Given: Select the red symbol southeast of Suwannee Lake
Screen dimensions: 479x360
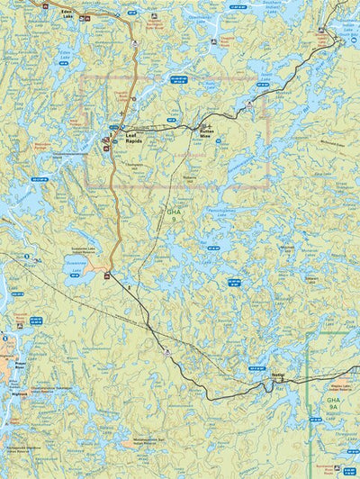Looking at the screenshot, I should coord(107,275).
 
